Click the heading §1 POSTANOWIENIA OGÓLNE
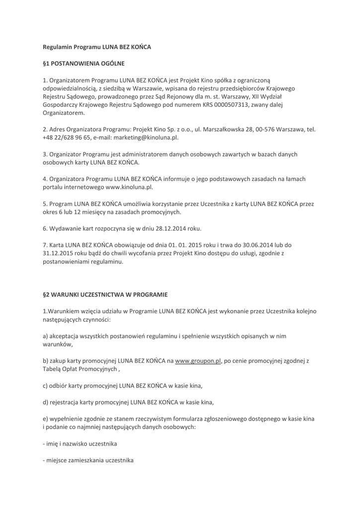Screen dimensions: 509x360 coord(84,64)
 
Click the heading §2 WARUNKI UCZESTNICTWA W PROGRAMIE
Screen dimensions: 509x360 coord(105,294)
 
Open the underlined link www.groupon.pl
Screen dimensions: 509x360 coord(197,361)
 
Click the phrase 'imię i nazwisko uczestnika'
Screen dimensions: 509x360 coord(82,443)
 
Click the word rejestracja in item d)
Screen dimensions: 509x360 coord(67,402)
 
